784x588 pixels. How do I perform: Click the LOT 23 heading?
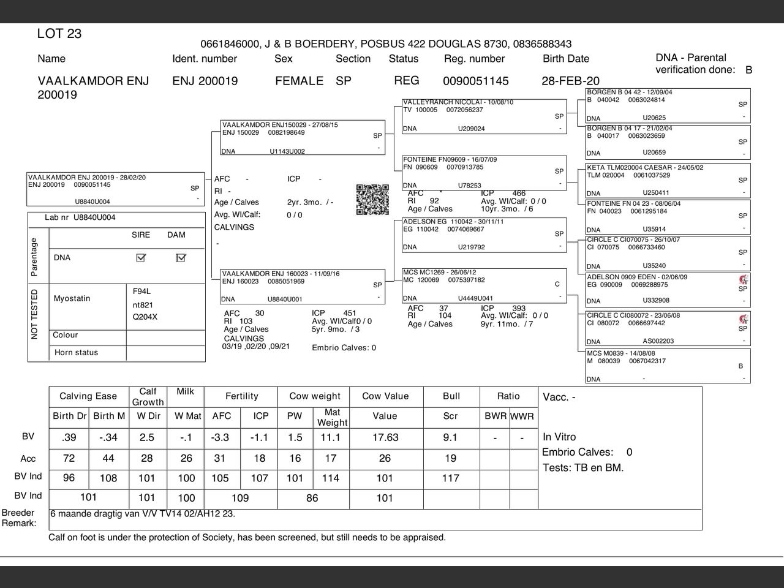pyautogui.click(x=59, y=34)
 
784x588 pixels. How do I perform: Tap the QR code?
pyautogui.click(x=372, y=200)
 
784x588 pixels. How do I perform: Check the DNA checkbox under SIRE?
pyautogui.click(x=141, y=258)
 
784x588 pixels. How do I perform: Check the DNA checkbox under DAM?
pyautogui.click(x=181, y=258)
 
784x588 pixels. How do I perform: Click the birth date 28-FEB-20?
pyautogui.click(x=570, y=81)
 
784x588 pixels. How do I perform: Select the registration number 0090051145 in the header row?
pyautogui.click(x=475, y=81)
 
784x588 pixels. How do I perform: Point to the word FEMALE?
pyautogui.click(x=299, y=81)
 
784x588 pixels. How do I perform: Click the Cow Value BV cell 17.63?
pyautogui.click(x=385, y=437)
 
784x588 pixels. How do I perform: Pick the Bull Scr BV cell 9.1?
pyautogui.click(x=450, y=437)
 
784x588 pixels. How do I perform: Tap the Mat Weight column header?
pyautogui.click(x=332, y=417)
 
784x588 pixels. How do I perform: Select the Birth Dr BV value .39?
pyautogui.click(x=69, y=437)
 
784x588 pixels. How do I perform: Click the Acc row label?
pyautogui.click(x=28, y=459)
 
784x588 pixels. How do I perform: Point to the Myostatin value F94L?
pyautogui.click(x=141, y=291)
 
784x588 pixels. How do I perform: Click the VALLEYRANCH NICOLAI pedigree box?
pyautogui.click(x=484, y=115)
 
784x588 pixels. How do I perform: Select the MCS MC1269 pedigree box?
pyautogui.click(x=484, y=285)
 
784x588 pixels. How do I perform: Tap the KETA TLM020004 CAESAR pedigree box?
pyautogui.click(x=668, y=179)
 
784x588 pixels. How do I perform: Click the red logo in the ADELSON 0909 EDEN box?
pyautogui.click(x=744, y=279)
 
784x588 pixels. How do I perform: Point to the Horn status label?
pyautogui.click(x=76, y=353)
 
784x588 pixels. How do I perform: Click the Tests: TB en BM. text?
pyautogui.click(x=583, y=468)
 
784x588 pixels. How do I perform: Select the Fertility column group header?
pyautogui.click(x=241, y=396)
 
